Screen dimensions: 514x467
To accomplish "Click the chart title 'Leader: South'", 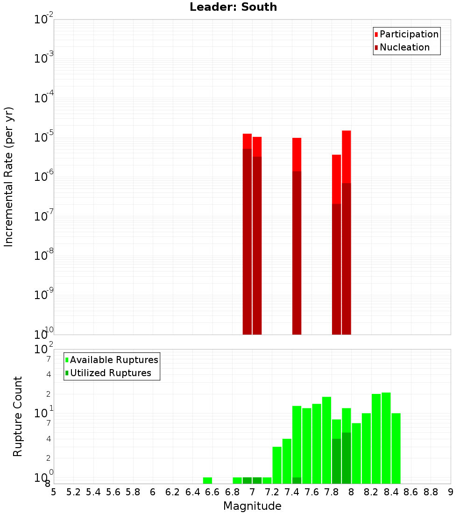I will click(x=233, y=7).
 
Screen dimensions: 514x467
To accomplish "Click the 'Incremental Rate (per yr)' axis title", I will click(x=9, y=177).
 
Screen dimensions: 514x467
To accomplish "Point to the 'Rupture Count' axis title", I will click(x=18, y=416).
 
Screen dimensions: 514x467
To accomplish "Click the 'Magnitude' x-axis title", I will click(x=252, y=506).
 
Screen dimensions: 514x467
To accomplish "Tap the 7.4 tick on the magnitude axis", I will click(x=292, y=492).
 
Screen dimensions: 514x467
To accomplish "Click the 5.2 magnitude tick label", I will click(x=73, y=492).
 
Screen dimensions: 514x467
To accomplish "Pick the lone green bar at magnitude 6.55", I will click(x=207, y=480).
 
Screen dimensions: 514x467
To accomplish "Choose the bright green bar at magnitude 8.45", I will click(x=396, y=448).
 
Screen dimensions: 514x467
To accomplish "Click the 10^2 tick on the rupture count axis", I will click(x=44, y=350).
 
